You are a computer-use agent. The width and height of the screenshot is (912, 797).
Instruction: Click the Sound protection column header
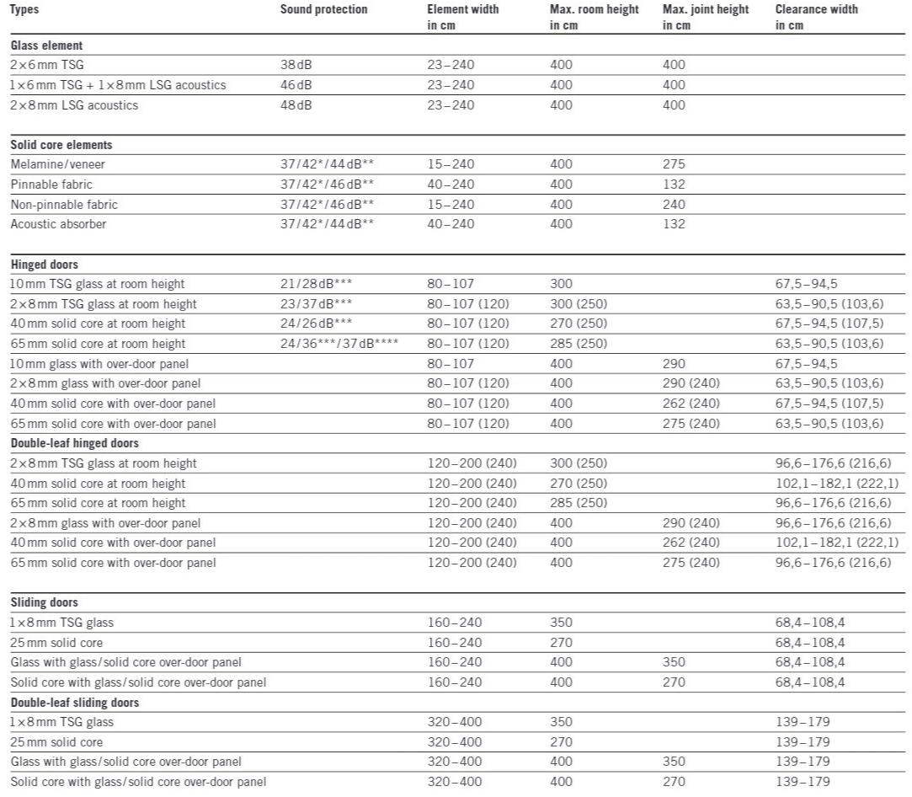click(323, 9)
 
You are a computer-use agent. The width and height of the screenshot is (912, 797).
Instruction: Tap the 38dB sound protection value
click(296, 65)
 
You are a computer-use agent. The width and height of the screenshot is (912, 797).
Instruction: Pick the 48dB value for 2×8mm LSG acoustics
click(296, 105)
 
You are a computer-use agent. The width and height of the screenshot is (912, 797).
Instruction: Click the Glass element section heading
click(46, 45)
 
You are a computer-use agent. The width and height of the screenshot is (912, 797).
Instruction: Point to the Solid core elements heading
click(61, 145)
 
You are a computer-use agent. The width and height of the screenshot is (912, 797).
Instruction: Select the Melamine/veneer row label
click(58, 164)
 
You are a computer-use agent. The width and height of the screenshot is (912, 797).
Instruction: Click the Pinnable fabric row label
click(51, 185)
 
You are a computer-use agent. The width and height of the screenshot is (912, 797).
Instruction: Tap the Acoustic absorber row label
click(58, 224)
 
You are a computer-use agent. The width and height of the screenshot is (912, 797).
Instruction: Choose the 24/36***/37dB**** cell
click(339, 344)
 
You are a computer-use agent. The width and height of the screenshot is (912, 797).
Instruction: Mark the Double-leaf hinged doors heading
click(75, 443)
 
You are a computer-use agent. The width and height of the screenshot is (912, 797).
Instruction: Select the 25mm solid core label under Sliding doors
click(56, 643)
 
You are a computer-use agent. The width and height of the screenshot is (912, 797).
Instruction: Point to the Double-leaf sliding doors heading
click(75, 703)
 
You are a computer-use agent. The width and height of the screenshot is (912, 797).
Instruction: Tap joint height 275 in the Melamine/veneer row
click(674, 164)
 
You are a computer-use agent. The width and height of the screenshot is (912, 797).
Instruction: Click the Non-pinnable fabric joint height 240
click(674, 205)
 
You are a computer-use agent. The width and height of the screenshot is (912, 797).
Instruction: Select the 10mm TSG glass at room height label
click(98, 284)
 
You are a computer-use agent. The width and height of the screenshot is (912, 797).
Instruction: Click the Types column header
click(24, 9)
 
